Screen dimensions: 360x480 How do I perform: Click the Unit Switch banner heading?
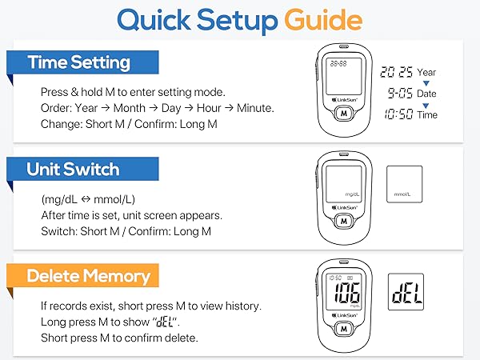click(x=73, y=170)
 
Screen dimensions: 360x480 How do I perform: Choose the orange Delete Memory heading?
click(x=88, y=277)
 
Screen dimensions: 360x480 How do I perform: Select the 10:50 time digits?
click(x=398, y=114)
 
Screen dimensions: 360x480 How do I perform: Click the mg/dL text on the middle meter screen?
click(x=353, y=194)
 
